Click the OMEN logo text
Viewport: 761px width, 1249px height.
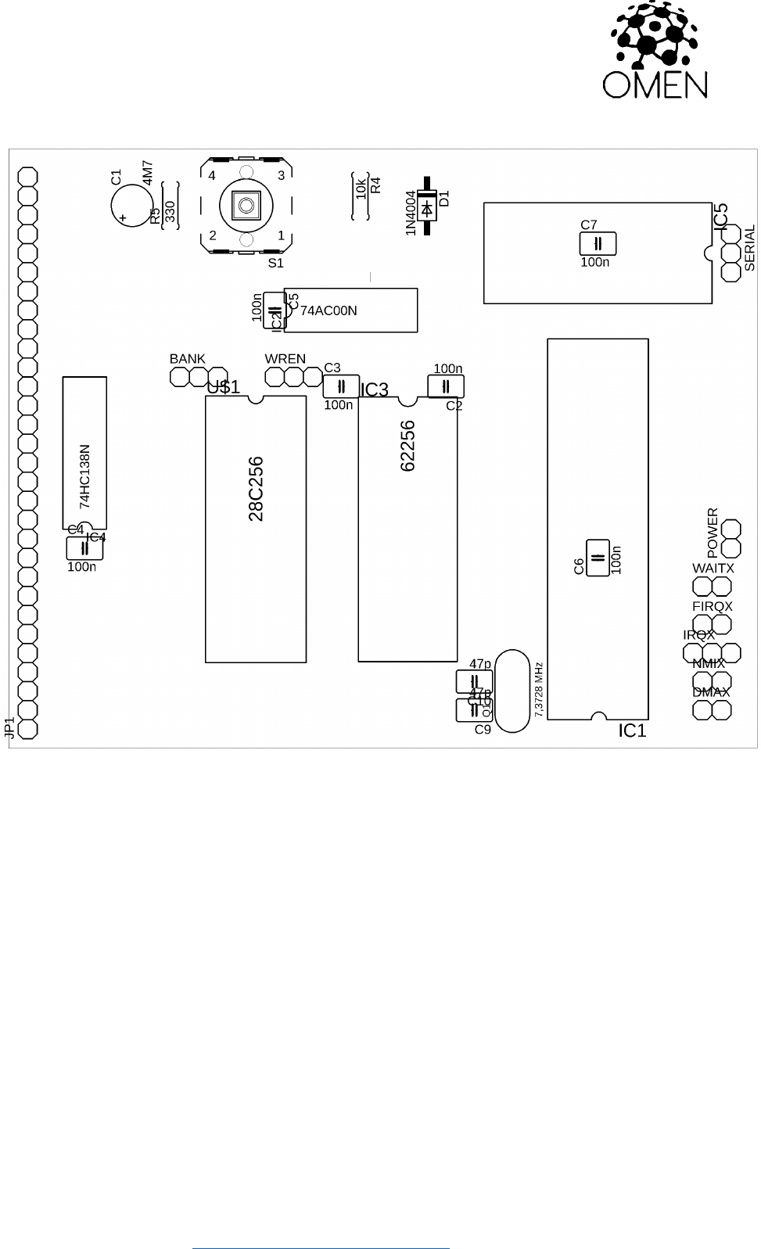pyautogui.click(x=655, y=84)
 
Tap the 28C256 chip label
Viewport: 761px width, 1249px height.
pyautogui.click(x=256, y=489)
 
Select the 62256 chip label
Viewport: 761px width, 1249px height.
pyautogui.click(x=407, y=446)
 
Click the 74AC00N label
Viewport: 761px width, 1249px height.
pyautogui.click(x=328, y=310)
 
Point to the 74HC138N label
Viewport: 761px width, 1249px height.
pyautogui.click(x=85, y=477)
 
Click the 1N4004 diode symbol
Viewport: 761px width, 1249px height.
pyautogui.click(x=427, y=209)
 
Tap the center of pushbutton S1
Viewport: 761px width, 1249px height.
pyautogui.click(x=246, y=206)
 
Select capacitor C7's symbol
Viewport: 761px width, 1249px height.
pyautogui.click(x=598, y=244)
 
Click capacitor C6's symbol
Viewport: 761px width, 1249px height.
pyautogui.click(x=598, y=558)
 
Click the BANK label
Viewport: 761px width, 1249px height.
pyautogui.click(x=188, y=359)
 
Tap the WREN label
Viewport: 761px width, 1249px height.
pyautogui.click(x=285, y=359)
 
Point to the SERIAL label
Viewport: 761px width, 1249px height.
pyautogui.click(x=750, y=248)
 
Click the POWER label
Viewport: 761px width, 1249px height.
pyautogui.click(x=713, y=533)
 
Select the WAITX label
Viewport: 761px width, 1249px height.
pyautogui.click(x=713, y=569)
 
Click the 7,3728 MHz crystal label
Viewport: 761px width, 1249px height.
pyautogui.click(x=539, y=690)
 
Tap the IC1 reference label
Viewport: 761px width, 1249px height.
pyautogui.click(x=632, y=730)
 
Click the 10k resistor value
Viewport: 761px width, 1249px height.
pyautogui.click(x=361, y=188)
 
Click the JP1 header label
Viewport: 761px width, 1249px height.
pyautogui.click(x=9, y=727)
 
